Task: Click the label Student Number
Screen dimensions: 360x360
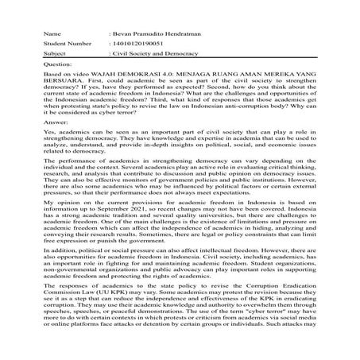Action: (x=64, y=46)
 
